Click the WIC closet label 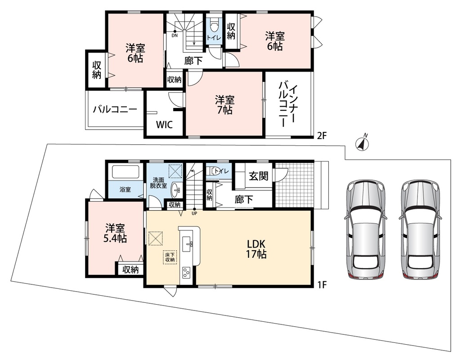[164, 124]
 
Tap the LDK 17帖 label [256, 249]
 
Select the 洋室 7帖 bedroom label [224, 105]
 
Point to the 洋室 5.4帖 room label [115, 233]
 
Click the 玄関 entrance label [258, 176]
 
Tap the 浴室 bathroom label [125, 189]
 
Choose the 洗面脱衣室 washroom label [158, 183]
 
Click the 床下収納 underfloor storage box [170, 257]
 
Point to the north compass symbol [362, 143]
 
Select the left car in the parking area [365, 230]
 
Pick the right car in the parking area [420, 230]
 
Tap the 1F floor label [323, 285]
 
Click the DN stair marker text [175, 36]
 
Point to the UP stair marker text [194, 213]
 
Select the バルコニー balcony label [115, 110]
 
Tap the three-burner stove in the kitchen [186, 272]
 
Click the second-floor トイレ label [214, 38]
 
